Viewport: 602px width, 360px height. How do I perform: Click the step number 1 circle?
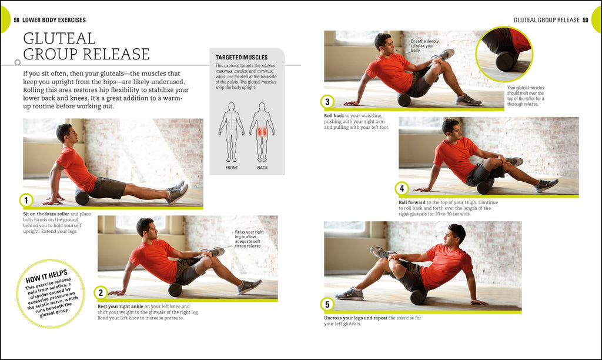[25, 201]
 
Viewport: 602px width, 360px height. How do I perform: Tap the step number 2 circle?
[101, 292]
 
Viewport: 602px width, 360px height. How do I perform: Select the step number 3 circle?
[327, 102]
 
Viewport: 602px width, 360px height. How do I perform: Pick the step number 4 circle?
[402, 189]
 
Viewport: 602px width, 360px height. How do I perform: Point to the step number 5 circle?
[327, 304]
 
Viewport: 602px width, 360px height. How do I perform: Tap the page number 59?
[586, 20]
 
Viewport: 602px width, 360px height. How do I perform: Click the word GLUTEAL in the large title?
[59, 39]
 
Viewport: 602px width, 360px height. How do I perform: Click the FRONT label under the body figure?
[232, 168]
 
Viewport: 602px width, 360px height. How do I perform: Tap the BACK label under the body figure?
[262, 168]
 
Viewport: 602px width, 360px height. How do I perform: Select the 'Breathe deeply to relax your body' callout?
[424, 46]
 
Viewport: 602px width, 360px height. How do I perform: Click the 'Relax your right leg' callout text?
[249, 239]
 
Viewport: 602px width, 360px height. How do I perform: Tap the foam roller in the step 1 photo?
[82, 197]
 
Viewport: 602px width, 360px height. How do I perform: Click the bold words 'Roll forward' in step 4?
[412, 202]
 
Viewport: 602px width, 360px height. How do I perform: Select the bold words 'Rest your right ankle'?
[120, 306]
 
